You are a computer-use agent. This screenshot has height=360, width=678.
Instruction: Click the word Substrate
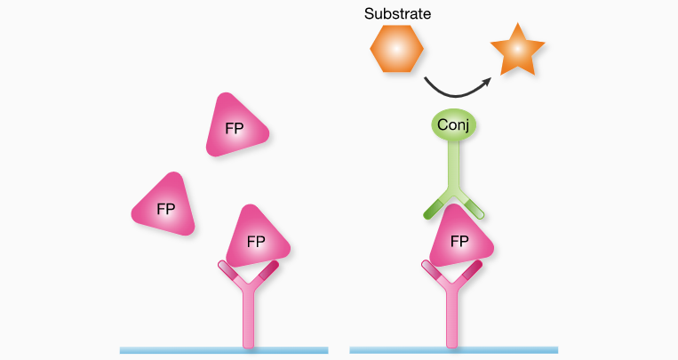pyautogui.click(x=397, y=14)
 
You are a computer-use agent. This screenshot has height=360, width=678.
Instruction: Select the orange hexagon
pyautogui.click(x=396, y=49)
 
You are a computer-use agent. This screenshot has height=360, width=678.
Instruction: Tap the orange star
pyautogui.click(x=517, y=50)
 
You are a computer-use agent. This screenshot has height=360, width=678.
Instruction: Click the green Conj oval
pyautogui.click(x=453, y=124)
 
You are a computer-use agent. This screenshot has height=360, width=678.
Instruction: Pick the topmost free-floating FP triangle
pyautogui.click(x=236, y=125)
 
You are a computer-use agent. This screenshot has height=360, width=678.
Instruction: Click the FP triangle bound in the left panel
pyautogui.click(x=257, y=237)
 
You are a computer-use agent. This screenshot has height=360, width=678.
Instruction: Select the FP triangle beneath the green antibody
pyautogui.click(x=460, y=237)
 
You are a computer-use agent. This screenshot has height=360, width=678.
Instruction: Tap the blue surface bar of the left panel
pyautogui.click(x=224, y=350)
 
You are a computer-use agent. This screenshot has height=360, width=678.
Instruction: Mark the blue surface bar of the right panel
pyautogui.click(x=453, y=350)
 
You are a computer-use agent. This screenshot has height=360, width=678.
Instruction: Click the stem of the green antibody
pyautogui.click(x=453, y=166)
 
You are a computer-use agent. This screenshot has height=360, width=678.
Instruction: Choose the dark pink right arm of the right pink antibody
pyautogui.click(x=471, y=270)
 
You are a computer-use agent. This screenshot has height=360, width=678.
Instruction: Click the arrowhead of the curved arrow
pyautogui.click(x=487, y=82)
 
